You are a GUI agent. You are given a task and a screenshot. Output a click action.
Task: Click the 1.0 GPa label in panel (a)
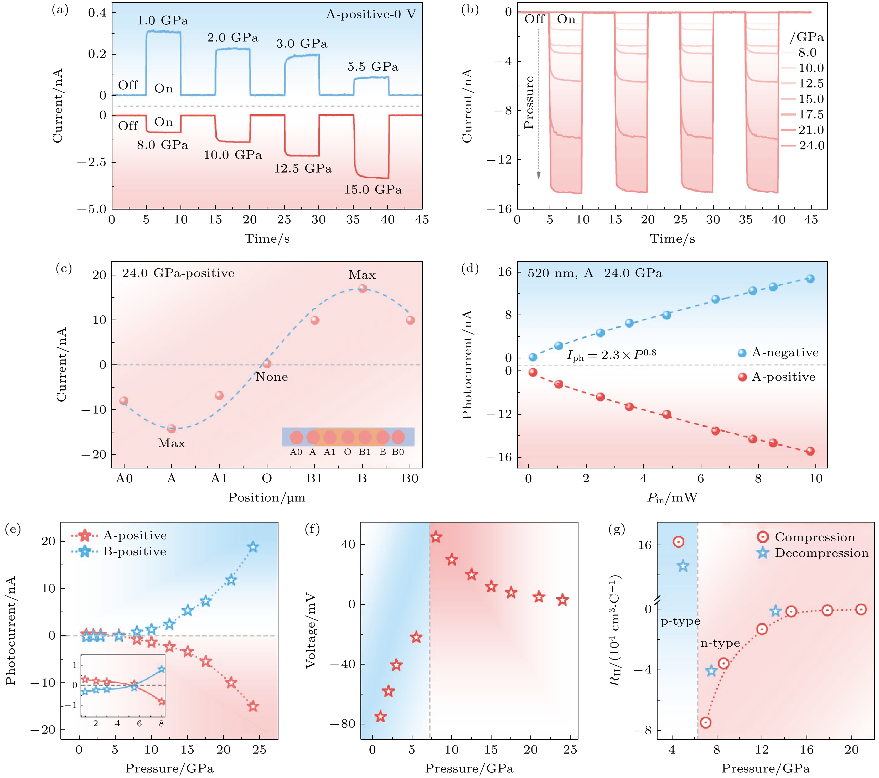point(163,21)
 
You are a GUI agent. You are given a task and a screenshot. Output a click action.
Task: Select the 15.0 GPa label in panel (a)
point(373,190)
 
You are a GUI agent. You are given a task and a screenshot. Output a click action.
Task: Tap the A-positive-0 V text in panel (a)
point(371,15)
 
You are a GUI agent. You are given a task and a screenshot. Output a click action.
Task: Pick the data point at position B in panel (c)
point(363,288)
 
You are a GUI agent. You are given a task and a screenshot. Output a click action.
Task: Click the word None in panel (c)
point(272,377)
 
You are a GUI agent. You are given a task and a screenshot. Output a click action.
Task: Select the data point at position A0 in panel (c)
point(124,401)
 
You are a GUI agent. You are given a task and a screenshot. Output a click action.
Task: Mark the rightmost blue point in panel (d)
point(810,279)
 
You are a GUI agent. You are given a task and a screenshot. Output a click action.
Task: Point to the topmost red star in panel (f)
point(436,537)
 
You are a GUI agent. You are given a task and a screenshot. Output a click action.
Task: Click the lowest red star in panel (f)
point(380,717)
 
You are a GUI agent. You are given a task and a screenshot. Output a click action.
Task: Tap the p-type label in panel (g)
point(680,621)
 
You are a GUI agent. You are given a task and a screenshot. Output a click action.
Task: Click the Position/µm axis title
point(267,498)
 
